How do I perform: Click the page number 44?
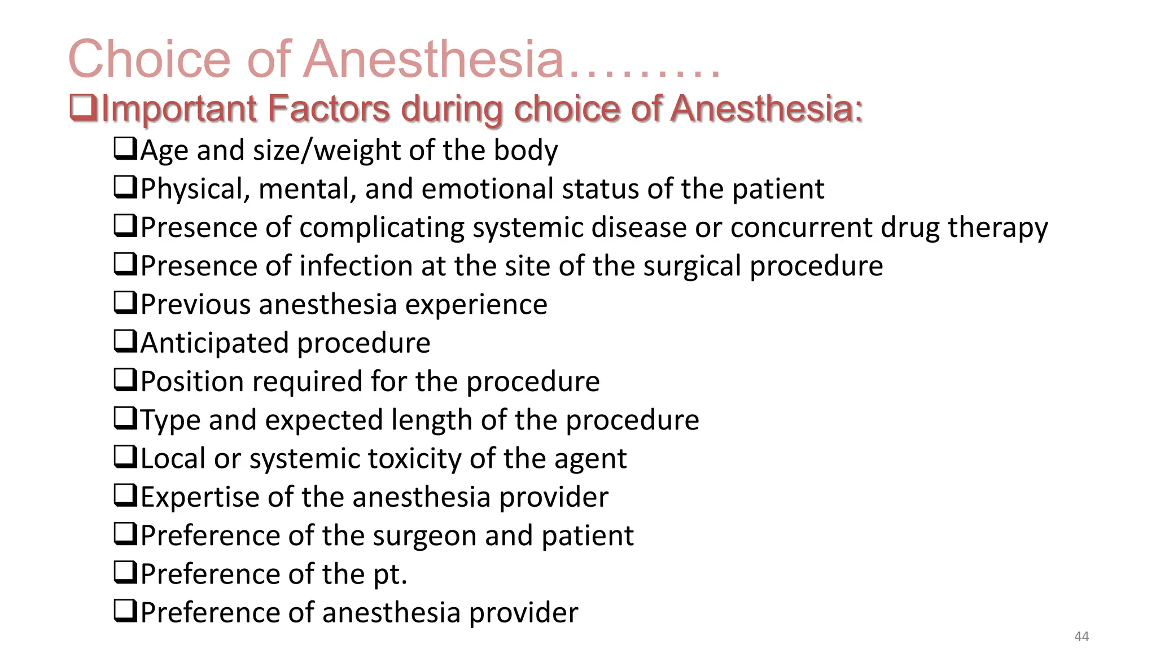tap(1081, 637)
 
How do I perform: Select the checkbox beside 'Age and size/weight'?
tap(125, 149)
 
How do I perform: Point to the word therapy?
tap(997, 228)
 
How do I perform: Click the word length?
tap(432, 420)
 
